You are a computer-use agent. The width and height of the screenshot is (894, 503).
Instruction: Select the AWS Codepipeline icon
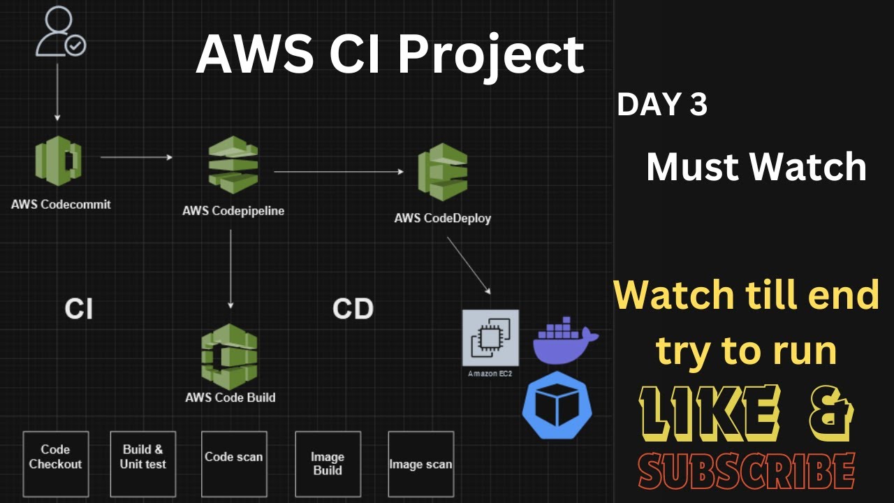coord(233,166)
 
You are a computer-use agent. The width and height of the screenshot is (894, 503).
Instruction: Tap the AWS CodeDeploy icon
coord(443,172)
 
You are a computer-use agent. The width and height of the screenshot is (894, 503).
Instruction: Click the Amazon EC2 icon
coord(490,338)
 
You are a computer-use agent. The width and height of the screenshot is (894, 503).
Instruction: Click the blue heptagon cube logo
coord(557,406)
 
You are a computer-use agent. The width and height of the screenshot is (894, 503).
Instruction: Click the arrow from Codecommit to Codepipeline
coord(136,157)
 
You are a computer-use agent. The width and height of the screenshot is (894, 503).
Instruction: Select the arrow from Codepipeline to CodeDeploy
coord(339,171)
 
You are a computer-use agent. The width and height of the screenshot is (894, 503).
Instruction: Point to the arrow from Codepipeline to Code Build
coord(230,269)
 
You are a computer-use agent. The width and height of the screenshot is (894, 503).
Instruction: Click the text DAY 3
coord(662,105)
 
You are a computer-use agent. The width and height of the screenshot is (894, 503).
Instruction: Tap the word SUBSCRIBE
coord(747,471)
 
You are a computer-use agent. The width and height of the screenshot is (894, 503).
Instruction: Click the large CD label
coord(353,308)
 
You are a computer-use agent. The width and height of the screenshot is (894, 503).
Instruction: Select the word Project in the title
coord(491,55)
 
